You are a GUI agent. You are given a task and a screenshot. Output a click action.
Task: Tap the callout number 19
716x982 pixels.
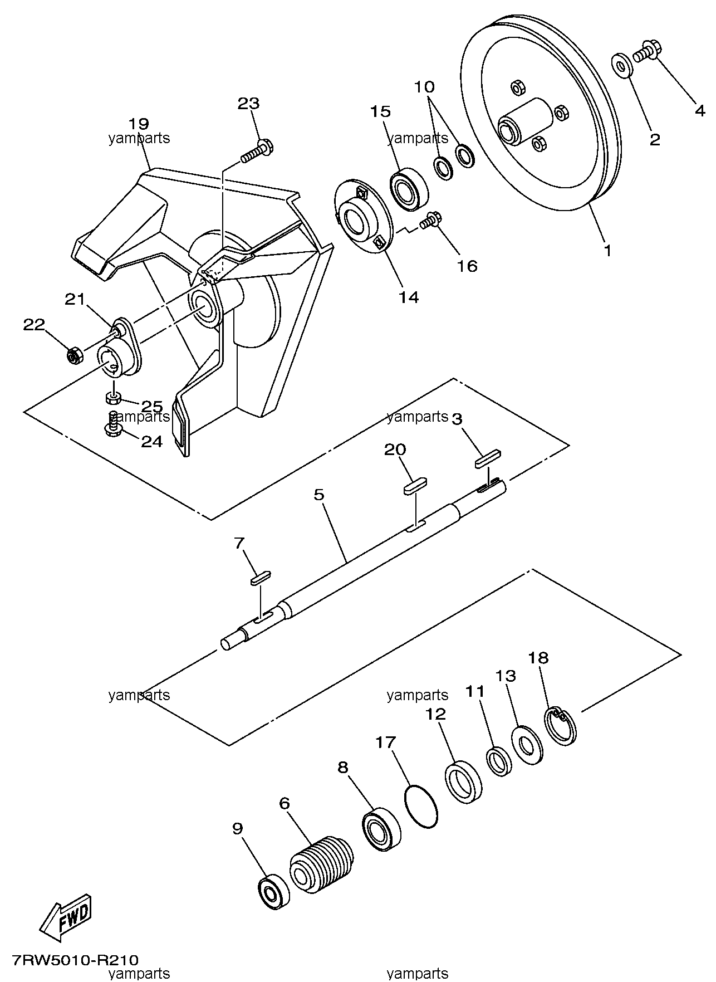coord(139,123)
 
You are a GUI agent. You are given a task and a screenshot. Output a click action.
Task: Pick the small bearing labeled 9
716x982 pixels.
coord(273,892)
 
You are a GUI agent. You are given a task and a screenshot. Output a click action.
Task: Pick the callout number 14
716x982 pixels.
coord(409,297)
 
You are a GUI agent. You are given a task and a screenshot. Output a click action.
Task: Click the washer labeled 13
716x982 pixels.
coord(526,745)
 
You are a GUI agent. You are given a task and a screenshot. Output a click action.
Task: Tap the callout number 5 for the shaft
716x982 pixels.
coord(319,495)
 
